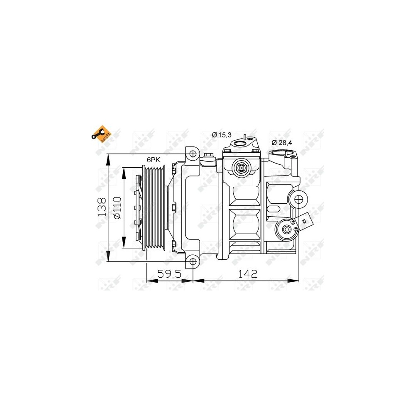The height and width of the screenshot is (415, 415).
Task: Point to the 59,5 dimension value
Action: pos(170,273)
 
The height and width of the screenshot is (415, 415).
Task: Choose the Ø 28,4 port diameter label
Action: pos(282,142)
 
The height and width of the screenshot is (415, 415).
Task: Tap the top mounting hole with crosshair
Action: pos(192,154)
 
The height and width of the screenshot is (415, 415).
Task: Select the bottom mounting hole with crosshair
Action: pos(192,261)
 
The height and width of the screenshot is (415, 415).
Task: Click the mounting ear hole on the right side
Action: pos(299,199)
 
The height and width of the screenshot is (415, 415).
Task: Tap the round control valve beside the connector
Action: pos(286,229)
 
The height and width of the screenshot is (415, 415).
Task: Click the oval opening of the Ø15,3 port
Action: pos(240,144)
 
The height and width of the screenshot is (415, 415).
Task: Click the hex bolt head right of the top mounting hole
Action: pos(209,156)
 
